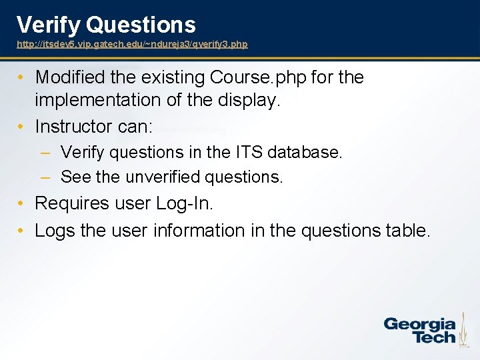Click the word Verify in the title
point(49,25)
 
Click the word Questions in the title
point(141,25)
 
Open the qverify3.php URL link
point(132,44)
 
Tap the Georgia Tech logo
point(420,330)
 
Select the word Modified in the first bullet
point(71,77)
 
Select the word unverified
point(161,177)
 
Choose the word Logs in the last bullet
point(55,231)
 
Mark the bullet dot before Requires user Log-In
point(22,203)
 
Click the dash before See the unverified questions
point(45,177)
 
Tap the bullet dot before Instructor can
point(22,126)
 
